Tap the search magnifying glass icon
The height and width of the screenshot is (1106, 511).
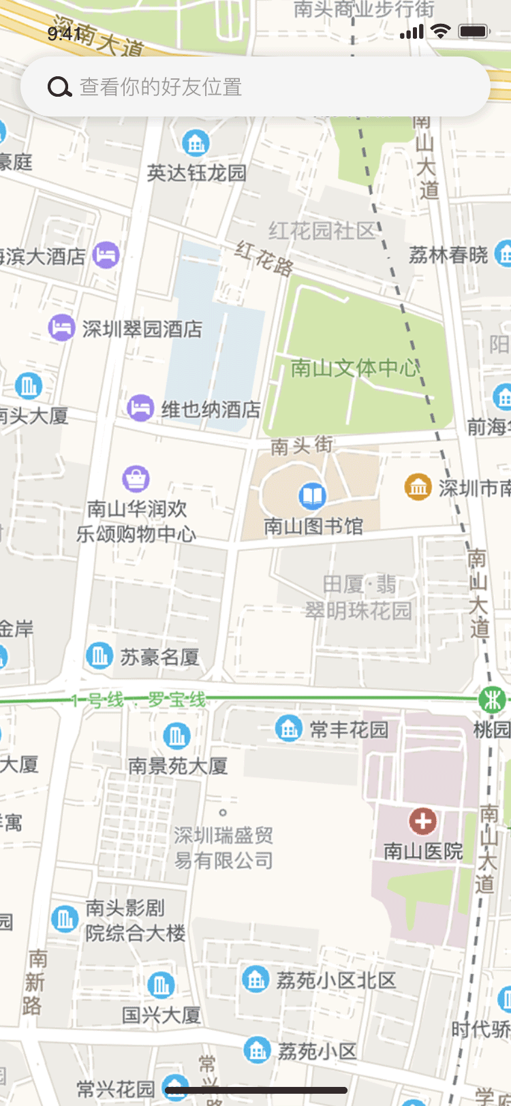(x=59, y=87)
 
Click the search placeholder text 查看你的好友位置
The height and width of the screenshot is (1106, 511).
(x=161, y=87)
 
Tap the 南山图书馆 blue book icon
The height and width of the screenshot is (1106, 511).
(x=313, y=496)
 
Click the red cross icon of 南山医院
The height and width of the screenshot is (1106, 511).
(x=422, y=821)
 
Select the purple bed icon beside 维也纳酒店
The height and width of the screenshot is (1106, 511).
(x=140, y=408)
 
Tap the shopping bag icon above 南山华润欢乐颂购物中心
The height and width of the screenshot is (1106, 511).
(x=136, y=478)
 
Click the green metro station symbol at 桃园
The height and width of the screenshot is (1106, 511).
(x=491, y=699)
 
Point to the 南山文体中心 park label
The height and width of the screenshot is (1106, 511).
(x=354, y=368)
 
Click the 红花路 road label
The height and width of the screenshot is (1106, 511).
(x=264, y=258)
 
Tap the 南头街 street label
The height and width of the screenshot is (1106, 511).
(x=302, y=446)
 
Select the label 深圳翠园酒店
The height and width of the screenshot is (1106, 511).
(x=142, y=329)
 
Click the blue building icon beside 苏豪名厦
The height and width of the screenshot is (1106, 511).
(x=99, y=656)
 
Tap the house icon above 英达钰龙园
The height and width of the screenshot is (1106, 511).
(x=196, y=143)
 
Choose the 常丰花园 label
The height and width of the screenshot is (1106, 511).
(x=349, y=729)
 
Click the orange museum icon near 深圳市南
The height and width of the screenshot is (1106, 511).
(x=418, y=487)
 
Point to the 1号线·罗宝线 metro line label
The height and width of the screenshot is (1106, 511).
(x=138, y=700)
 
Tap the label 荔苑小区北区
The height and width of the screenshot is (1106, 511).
(x=336, y=980)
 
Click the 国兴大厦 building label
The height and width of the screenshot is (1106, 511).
(x=161, y=1015)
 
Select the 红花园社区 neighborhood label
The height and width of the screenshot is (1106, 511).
(x=322, y=231)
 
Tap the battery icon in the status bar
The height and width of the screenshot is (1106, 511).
(x=474, y=31)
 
